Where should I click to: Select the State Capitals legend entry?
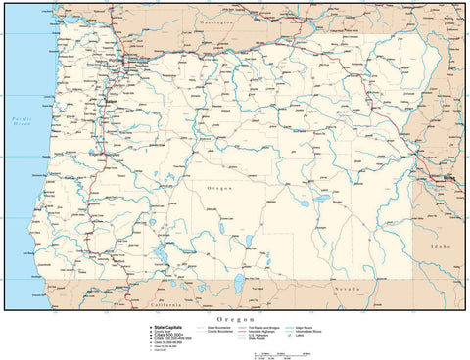pos(167,327)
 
